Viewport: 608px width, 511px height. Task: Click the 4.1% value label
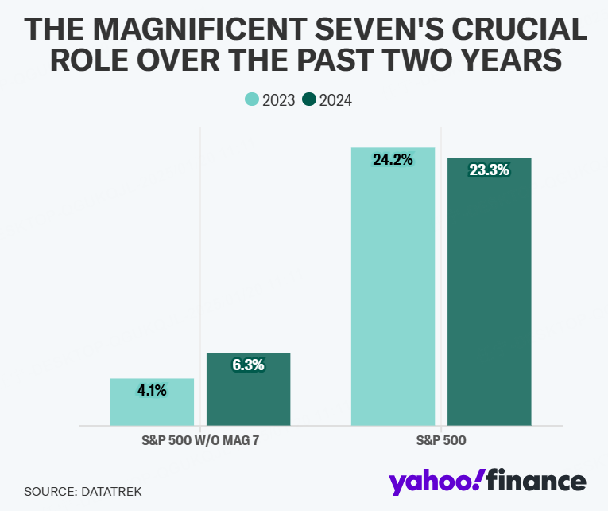click(x=152, y=390)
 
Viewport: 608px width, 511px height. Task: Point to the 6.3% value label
click(x=248, y=365)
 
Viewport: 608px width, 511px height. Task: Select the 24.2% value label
click(x=393, y=160)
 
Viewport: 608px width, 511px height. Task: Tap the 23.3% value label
click(x=489, y=170)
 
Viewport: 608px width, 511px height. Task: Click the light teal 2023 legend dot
click(x=251, y=99)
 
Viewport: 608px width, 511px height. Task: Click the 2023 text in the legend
click(x=277, y=100)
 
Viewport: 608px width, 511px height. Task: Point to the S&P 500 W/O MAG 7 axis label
click(x=199, y=440)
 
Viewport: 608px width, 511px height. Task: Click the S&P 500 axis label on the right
click(x=440, y=440)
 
